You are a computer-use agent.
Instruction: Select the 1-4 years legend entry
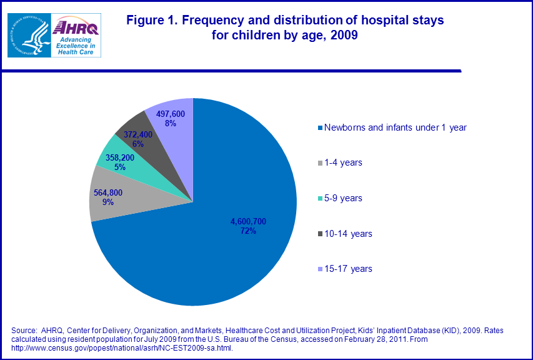pyautogui.click(x=343, y=162)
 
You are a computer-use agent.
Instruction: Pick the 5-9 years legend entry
pyautogui.click(x=343, y=198)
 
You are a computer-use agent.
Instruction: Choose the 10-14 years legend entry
pyautogui.click(x=347, y=234)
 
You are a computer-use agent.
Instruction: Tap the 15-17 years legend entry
pyautogui.click(x=347, y=269)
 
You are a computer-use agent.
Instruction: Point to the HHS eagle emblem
pyautogui.click(x=28, y=34)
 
